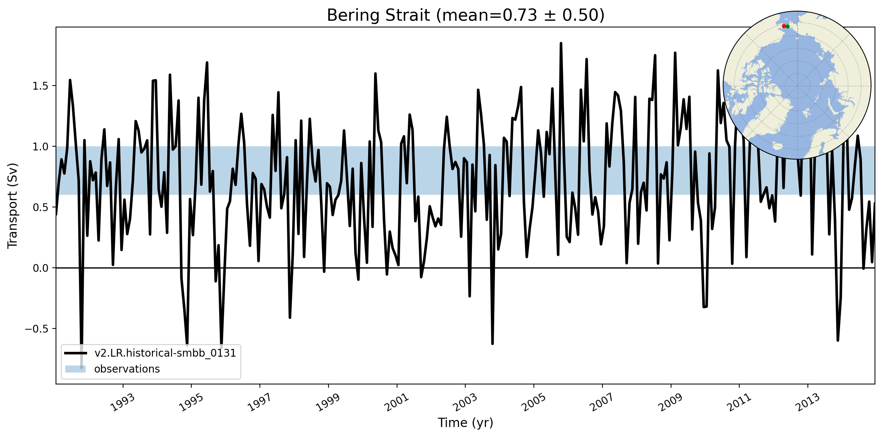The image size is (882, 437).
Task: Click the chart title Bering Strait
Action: [x=465, y=16]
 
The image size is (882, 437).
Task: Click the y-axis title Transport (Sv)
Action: [x=13, y=206]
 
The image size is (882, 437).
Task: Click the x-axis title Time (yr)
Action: [x=465, y=423]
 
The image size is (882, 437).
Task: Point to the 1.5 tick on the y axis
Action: [x=41, y=86]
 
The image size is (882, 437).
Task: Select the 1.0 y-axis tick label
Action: [x=41, y=147]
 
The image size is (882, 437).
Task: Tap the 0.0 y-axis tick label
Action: [x=41, y=268]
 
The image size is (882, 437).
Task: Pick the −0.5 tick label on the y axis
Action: [x=37, y=329]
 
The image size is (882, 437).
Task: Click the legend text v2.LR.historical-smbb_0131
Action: [x=165, y=353]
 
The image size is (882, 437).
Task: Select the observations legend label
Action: [x=127, y=369]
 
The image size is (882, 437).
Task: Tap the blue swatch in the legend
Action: [x=75, y=369]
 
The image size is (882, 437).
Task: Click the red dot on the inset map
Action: [x=784, y=26]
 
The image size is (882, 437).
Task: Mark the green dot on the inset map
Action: [x=788, y=26]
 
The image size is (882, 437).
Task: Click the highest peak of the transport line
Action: [x=561, y=43]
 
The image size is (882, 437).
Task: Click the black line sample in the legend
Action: [x=75, y=353]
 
